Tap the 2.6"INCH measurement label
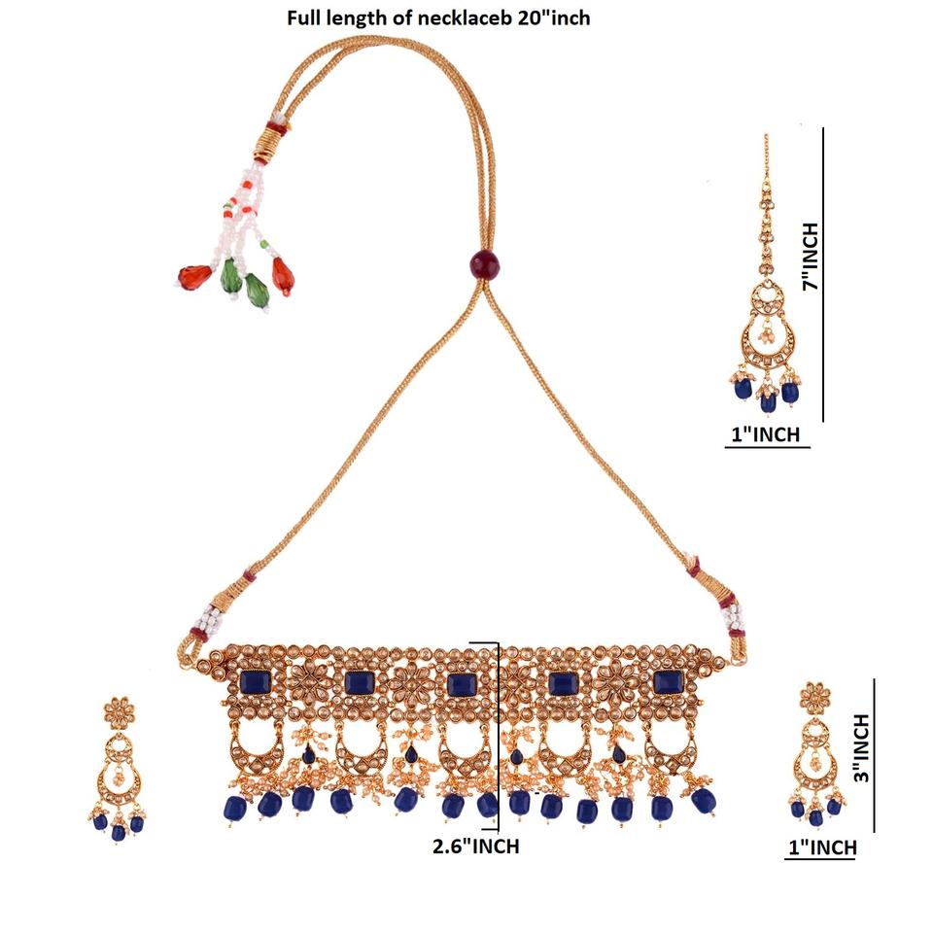[475, 847]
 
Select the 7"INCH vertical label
[810, 258]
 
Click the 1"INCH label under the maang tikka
[768, 433]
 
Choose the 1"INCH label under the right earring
[821, 848]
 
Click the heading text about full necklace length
[437, 17]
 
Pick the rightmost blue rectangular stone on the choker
[667, 682]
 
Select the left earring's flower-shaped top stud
[119, 712]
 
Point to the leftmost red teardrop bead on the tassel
[193, 276]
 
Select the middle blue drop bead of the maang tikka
[768, 397]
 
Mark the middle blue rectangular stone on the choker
[461, 683]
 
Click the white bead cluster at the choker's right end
[730, 615]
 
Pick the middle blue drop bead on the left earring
[119, 829]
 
